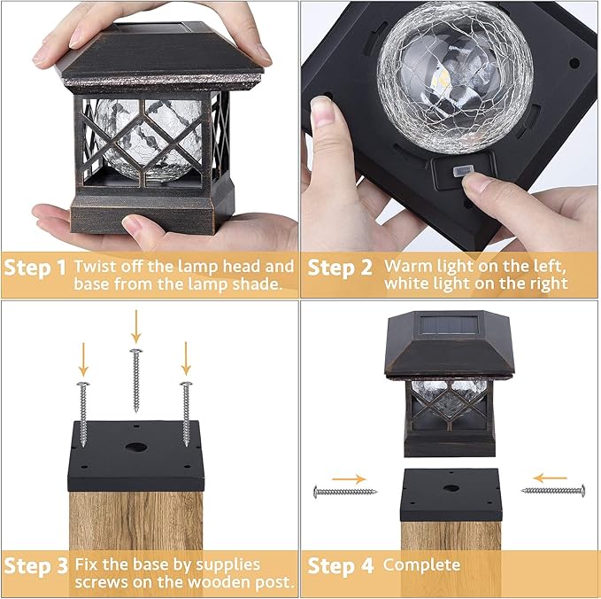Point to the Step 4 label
click(340, 565)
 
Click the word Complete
click(422, 565)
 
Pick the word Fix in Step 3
click(87, 564)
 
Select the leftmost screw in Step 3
click(82, 412)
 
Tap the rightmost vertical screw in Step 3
click(186, 412)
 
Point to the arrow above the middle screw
click(135, 325)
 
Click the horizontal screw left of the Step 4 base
click(345, 491)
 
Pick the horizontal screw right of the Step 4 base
click(554, 489)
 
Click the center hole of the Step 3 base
click(136, 448)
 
